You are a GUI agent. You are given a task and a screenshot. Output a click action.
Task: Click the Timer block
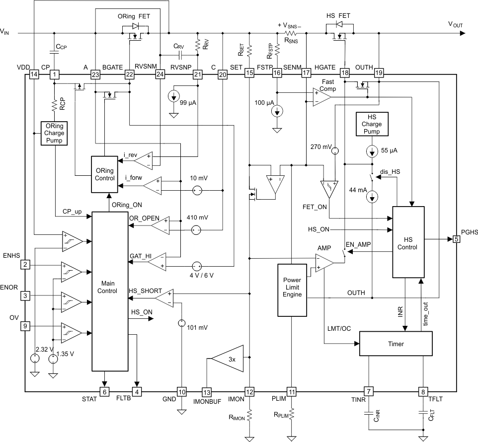click(x=396, y=343)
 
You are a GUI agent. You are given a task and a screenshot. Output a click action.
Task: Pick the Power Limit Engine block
click(x=292, y=290)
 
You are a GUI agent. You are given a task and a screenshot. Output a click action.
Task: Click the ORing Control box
click(x=103, y=174)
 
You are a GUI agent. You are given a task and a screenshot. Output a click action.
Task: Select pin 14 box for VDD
click(x=34, y=74)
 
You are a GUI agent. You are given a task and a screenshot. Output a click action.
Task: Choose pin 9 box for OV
click(x=24, y=326)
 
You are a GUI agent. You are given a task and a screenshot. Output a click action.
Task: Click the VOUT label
click(x=457, y=23)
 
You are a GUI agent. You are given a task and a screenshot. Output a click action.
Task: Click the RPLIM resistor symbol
click(x=292, y=413)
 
